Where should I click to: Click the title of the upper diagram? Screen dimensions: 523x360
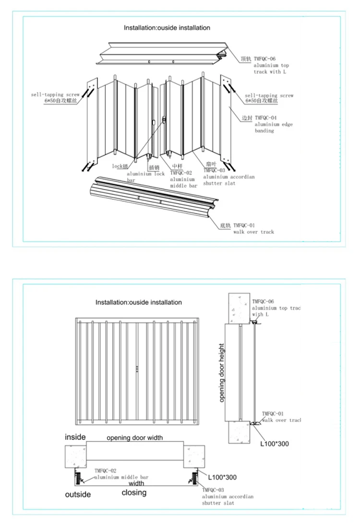pos(167,28)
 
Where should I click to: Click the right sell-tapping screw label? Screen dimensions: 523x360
pos(269,98)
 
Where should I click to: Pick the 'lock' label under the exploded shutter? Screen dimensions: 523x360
pos(120,166)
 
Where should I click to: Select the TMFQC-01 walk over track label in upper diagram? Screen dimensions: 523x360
pos(253,228)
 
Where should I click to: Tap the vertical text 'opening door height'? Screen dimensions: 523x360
pos(222,373)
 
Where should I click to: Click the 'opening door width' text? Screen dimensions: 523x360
pos(134,438)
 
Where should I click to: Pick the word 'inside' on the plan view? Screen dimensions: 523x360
pos(75,437)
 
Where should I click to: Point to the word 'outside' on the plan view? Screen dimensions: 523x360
pos(79,494)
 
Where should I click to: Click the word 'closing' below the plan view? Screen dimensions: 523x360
pos(134,493)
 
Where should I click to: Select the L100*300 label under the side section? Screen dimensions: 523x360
pos(275,444)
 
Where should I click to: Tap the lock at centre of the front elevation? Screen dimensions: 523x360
pos(137,368)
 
